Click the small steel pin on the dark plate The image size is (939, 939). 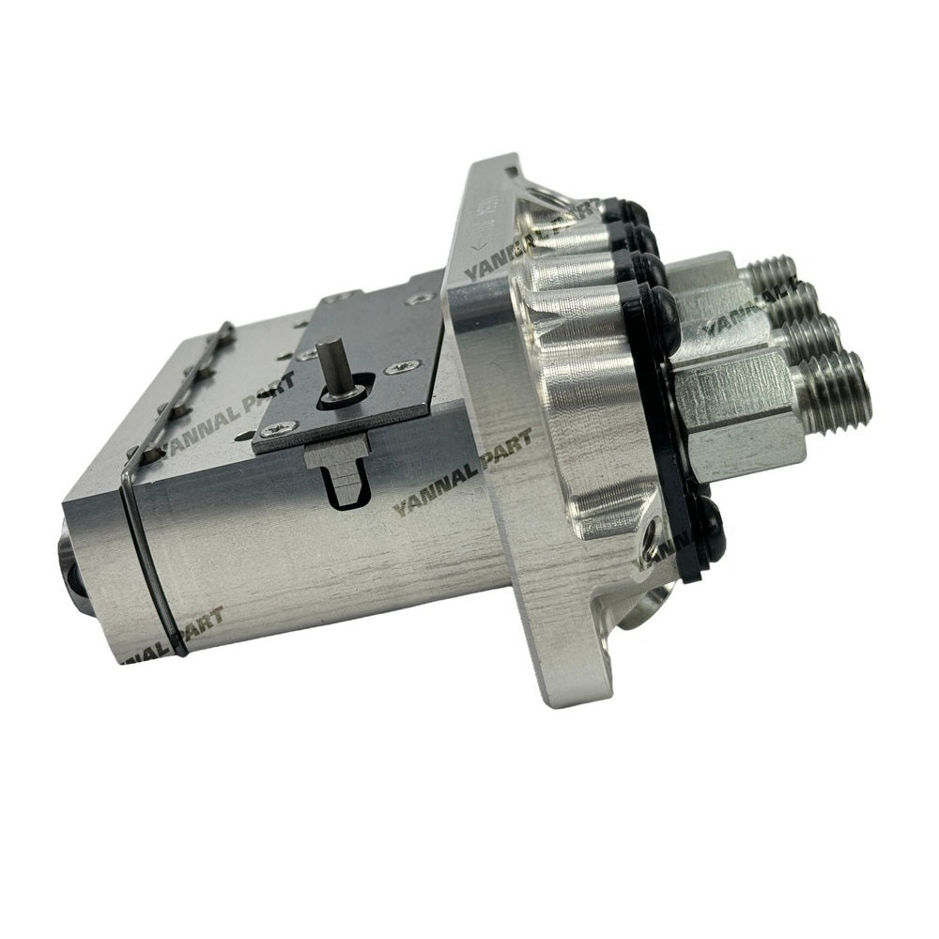tap(326, 361)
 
